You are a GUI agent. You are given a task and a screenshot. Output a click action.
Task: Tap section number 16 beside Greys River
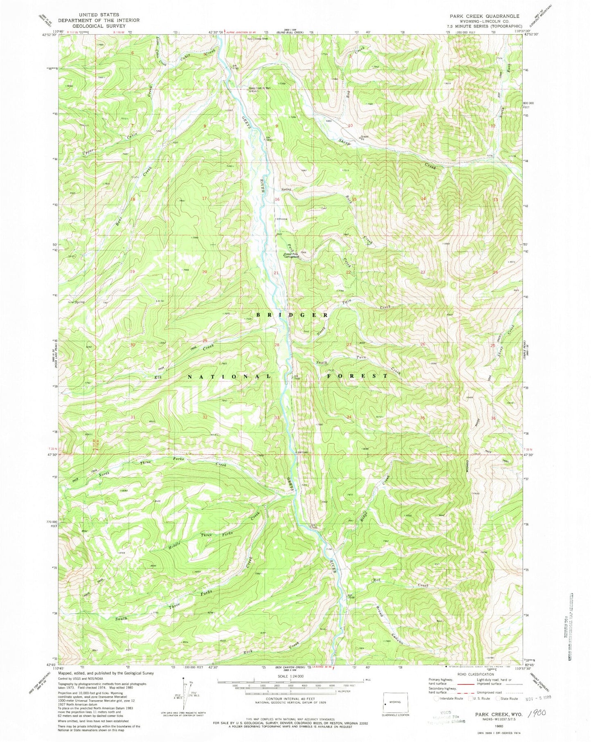click(x=277, y=199)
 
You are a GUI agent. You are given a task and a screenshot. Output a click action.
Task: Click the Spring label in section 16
click(x=286, y=189)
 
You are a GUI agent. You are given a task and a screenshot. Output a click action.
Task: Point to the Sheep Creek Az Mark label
click(x=260, y=88)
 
